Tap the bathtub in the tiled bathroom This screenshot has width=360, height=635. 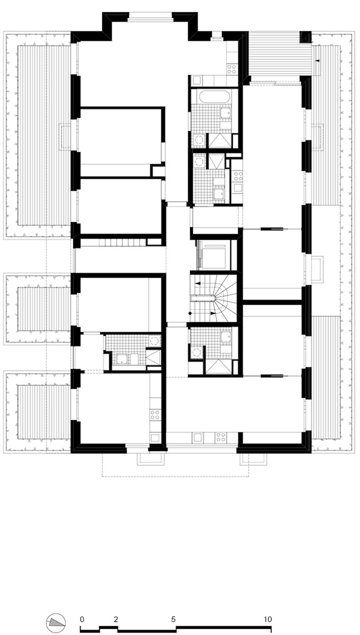coord(214,97)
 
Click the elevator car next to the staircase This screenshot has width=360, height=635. coord(213,255)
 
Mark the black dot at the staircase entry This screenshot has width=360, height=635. coord(190,313)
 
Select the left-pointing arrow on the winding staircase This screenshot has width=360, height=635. coord(197,283)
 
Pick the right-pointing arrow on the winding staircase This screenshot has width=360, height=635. coord(212,313)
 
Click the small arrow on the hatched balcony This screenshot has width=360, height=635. coord(318,61)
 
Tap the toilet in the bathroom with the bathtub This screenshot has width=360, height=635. coord(199,140)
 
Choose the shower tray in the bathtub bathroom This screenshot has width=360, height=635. coord(220,140)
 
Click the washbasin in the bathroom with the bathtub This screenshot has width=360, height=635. coord(226,113)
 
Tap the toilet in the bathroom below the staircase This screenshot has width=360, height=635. coord(196,352)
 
